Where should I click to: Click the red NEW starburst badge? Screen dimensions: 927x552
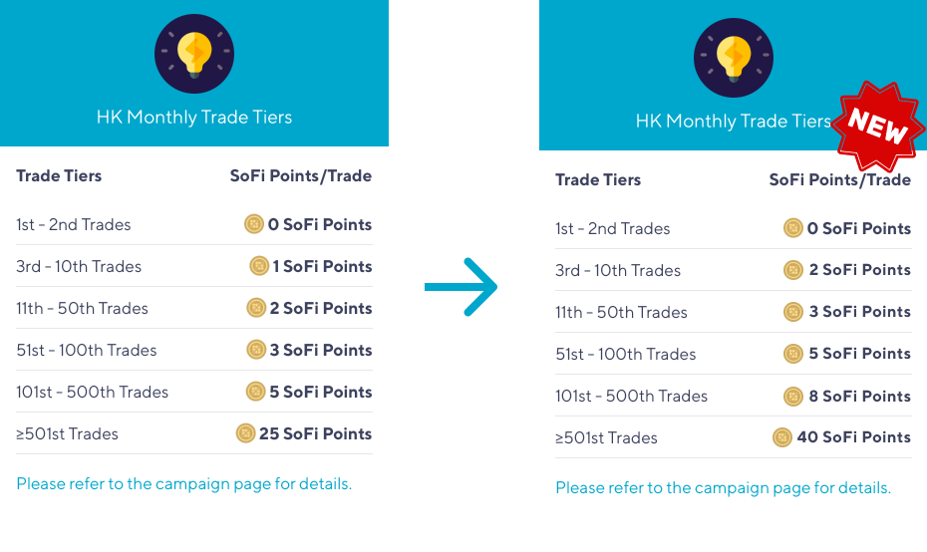pos(878,126)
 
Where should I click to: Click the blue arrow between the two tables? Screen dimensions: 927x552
pos(462,287)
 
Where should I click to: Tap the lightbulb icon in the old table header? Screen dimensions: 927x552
pos(194,54)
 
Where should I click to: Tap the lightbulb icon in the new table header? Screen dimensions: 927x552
pos(734,58)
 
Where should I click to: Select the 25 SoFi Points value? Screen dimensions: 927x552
pos(316,433)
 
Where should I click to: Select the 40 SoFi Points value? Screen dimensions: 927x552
pos(853,437)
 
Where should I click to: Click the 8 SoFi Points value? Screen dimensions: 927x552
pos(859,396)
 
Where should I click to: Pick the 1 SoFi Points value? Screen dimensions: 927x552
pos(322,267)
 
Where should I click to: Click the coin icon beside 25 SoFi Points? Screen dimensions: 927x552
pos(245,433)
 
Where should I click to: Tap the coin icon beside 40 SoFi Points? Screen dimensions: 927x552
pos(782,437)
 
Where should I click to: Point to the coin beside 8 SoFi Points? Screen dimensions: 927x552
pos(792,396)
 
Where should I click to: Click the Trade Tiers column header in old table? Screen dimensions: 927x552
pos(59,175)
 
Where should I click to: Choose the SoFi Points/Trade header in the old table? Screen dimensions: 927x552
pos(301,175)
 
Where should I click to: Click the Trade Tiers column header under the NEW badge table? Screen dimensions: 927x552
pos(598,179)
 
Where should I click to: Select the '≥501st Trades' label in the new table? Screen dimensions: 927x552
pos(607,438)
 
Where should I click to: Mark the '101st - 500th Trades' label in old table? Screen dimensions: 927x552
pos(93,392)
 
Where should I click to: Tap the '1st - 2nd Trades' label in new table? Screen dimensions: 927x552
pos(612,229)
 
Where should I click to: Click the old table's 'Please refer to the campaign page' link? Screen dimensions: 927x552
pos(183,484)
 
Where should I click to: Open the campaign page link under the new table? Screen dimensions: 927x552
pos(723,488)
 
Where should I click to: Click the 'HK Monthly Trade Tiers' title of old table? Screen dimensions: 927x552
pos(194,117)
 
